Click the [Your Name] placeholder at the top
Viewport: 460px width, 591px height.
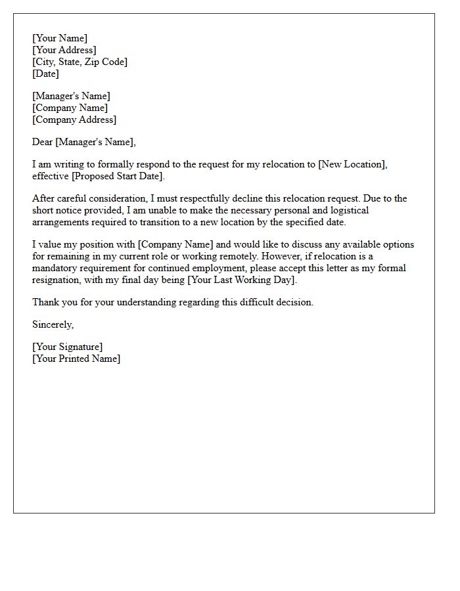click(59, 38)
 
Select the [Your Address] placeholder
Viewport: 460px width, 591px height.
click(64, 50)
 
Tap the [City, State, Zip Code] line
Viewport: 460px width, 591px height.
click(80, 62)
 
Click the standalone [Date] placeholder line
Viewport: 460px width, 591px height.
click(45, 74)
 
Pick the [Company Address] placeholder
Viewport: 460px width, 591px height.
click(74, 120)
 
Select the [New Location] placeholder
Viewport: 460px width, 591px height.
click(352, 164)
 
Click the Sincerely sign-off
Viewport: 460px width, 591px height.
click(53, 324)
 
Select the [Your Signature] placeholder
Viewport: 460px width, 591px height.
click(67, 347)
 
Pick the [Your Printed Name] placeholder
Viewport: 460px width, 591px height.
click(76, 359)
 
